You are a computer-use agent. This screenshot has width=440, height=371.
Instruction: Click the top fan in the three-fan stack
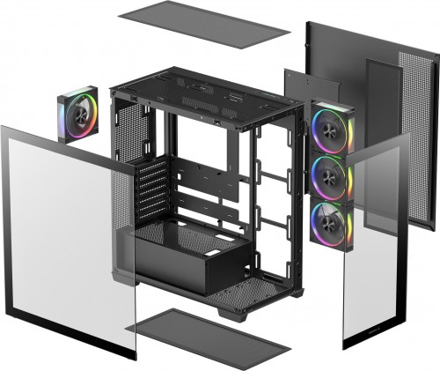[x=332, y=128]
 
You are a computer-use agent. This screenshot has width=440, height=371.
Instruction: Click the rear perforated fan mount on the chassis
[x=128, y=132]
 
